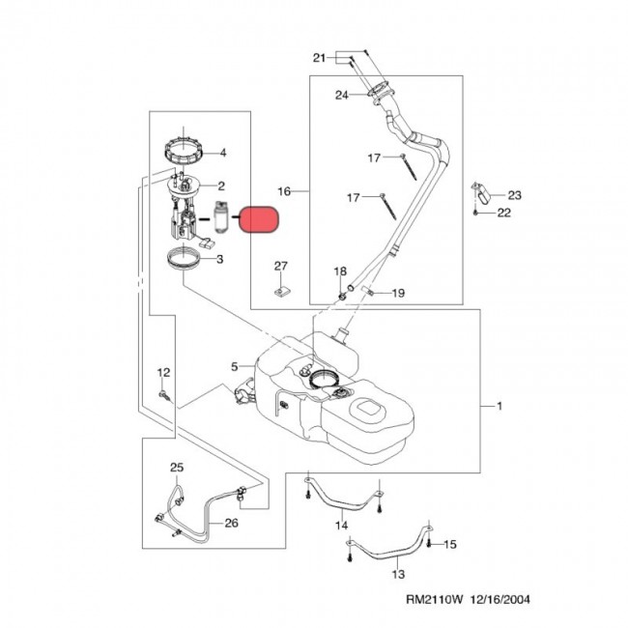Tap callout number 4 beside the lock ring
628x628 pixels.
point(222,152)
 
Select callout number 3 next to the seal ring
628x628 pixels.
point(220,259)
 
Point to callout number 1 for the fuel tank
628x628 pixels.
point(500,408)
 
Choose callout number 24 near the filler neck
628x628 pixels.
point(341,95)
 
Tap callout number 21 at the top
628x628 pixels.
point(320,59)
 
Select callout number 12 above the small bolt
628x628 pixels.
point(163,373)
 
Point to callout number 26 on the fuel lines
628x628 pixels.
point(230,524)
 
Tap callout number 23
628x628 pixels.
point(514,195)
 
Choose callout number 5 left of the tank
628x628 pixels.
point(234,366)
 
